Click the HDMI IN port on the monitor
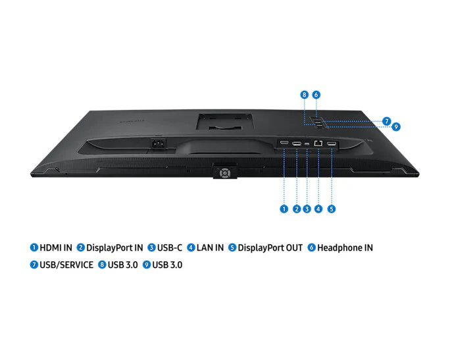coord(284,142)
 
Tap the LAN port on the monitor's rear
coord(318,143)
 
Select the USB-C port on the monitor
coord(307,143)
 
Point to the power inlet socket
coord(159,143)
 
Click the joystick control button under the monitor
coord(225,173)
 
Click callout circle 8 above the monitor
coord(305,95)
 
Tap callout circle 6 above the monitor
coord(316,95)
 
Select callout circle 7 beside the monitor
coord(387,121)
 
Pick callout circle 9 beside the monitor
coord(396,126)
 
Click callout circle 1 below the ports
coord(284,209)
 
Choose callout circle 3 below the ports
coord(307,209)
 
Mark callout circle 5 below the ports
coord(332,209)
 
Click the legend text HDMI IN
coord(56,247)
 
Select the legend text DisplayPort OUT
coord(270,247)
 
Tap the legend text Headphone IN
coord(345,247)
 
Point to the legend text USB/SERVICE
coord(66,265)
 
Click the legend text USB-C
coord(170,247)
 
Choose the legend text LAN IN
coord(210,247)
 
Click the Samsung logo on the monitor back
coord(132,122)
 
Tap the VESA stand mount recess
coord(225,121)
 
